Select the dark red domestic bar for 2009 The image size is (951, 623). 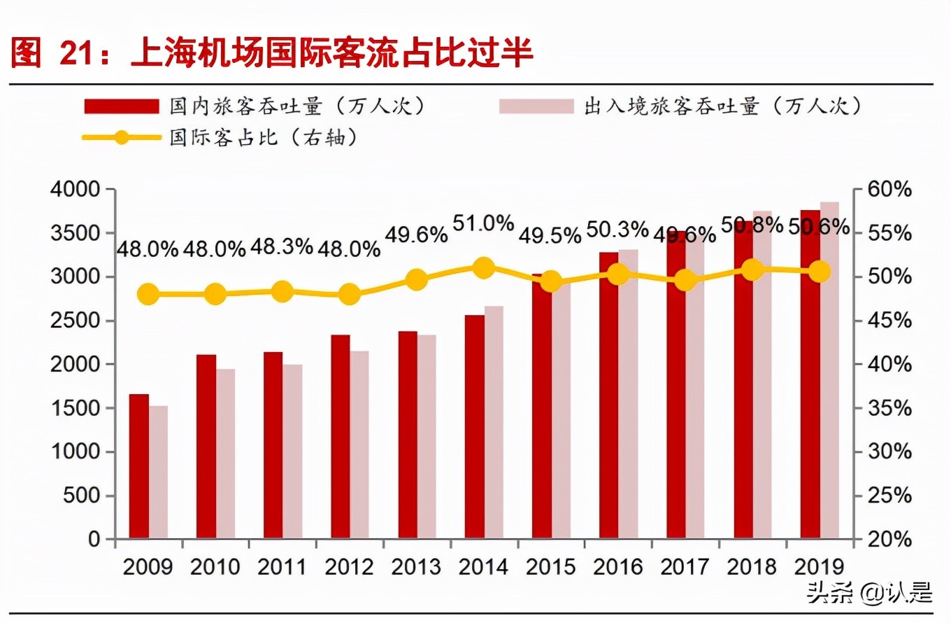coord(138,467)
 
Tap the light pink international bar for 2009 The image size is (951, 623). coord(158,472)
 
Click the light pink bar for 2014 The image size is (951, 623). coord(494,423)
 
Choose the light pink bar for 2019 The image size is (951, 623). coord(829,371)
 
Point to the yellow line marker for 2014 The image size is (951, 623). coord(483,267)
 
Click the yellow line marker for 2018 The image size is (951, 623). coord(752,270)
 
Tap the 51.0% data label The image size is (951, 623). coord(483,224)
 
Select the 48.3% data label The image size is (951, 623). coord(282,248)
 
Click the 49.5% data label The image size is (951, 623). coord(550,237)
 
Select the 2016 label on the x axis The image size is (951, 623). coord(617,566)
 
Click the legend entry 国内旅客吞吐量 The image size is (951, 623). coord(255,106)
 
